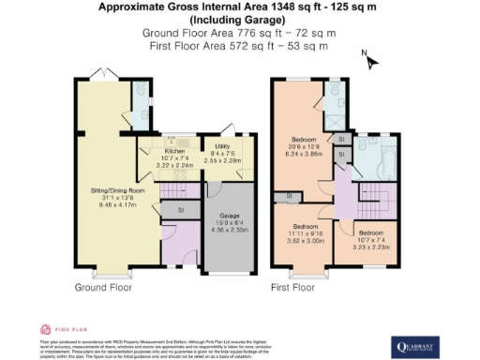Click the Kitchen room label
(x=174, y=150)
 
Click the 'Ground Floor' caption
(x=100, y=287)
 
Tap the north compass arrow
(x=371, y=62)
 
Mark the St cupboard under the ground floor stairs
(x=180, y=210)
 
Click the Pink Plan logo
(x=58, y=330)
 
